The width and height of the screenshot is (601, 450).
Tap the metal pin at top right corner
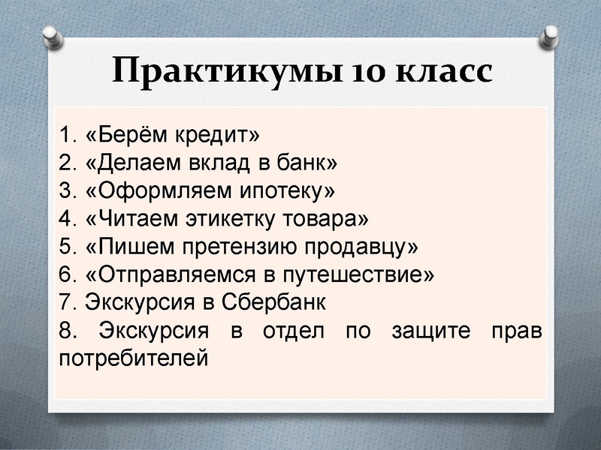point(551,34)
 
